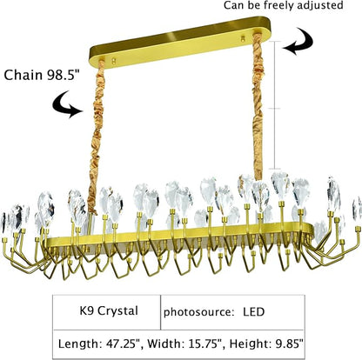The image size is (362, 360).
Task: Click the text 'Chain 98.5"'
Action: point(41,75)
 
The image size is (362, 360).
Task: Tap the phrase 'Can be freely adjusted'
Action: point(283,5)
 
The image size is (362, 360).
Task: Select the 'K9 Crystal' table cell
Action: point(106,312)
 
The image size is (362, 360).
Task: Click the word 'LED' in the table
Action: point(254,312)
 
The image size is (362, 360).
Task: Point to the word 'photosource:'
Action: point(198,312)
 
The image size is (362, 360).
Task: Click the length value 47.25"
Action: point(124,344)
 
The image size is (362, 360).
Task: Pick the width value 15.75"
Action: point(206,344)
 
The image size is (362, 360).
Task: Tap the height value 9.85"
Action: point(288,343)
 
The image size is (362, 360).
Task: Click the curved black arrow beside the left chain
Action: point(67,104)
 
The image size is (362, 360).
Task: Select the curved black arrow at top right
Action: point(298,41)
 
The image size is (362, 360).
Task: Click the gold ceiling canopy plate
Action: point(180,42)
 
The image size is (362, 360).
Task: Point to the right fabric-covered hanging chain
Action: point(258,106)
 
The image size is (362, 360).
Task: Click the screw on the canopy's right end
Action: point(243,37)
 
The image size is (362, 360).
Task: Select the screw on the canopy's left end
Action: point(114,61)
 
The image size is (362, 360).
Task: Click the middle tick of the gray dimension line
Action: point(275,109)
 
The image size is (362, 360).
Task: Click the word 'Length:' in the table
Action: point(79,344)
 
